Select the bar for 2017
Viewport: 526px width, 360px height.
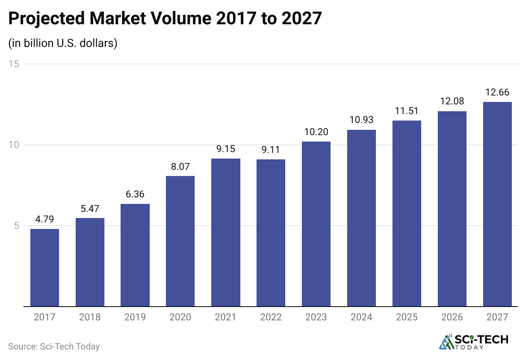pos(45,268)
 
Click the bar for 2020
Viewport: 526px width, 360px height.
pos(180,241)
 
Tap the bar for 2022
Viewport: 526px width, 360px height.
pos(271,233)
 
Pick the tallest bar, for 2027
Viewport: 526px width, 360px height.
pos(497,204)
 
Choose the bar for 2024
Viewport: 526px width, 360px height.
pos(361,218)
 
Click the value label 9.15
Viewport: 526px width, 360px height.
pos(226,149)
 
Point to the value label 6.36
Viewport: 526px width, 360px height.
pos(135,195)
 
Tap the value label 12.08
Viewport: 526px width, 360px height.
pos(452,102)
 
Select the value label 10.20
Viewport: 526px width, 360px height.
pos(316,132)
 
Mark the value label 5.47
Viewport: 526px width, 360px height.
pos(90,209)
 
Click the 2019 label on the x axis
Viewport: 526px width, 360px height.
pos(135,318)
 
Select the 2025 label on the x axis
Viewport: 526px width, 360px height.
pos(407,318)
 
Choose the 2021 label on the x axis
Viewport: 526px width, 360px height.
pos(226,318)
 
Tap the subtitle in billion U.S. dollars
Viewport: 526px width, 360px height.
pos(63,43)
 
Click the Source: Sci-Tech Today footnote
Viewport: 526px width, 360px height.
pos(54,347)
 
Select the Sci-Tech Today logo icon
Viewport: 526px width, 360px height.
pos(447,342)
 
